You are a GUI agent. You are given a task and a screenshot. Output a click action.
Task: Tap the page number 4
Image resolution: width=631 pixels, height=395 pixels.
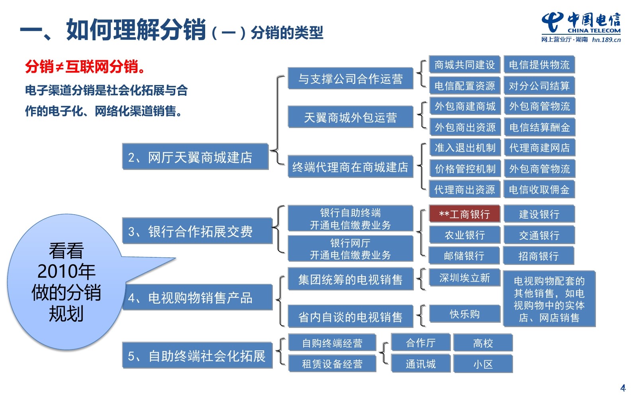coord(623,387)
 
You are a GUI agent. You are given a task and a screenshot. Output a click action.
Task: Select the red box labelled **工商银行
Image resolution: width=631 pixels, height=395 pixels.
coord(464,214)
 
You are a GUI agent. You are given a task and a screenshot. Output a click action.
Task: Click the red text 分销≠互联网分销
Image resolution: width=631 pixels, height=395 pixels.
coord(85,67)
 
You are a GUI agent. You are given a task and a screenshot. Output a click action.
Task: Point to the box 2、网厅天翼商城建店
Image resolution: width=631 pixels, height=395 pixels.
coord(195,157)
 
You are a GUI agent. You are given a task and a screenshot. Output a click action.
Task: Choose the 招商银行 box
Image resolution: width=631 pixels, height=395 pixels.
coord(539,256)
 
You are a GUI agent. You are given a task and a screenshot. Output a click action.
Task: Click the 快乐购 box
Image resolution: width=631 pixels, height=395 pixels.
coord(464,314)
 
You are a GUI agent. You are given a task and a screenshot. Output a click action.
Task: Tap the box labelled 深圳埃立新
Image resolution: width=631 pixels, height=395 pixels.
coord(464,278)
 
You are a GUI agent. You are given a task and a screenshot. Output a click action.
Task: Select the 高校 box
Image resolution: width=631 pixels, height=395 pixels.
coord(483,343)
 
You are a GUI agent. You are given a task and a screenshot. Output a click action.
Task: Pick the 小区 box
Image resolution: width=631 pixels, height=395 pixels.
coord(483,364)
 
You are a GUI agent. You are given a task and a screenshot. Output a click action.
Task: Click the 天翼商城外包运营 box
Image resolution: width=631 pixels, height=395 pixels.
coord(350,117)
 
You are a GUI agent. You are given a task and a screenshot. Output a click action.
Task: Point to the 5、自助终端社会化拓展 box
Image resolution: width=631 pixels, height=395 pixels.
coord(197,355)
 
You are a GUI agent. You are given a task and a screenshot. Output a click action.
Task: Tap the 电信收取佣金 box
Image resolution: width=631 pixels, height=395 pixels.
coord(539,190)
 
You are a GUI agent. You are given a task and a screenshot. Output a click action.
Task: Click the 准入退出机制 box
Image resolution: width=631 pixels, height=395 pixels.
coord(465,148)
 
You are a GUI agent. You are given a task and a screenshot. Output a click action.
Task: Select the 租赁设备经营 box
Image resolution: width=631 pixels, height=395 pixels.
coord(332,364)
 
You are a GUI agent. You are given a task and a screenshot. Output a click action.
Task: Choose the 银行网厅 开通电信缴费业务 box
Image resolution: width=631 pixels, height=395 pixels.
coord(350,249)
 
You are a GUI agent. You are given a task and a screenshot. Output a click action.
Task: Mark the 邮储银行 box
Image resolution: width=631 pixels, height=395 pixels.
coord(464,256)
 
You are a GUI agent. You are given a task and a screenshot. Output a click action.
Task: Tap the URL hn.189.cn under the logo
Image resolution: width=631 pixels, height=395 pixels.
coord(606,39)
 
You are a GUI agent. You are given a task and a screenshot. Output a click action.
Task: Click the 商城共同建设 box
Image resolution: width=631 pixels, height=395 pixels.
coord(464,65)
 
